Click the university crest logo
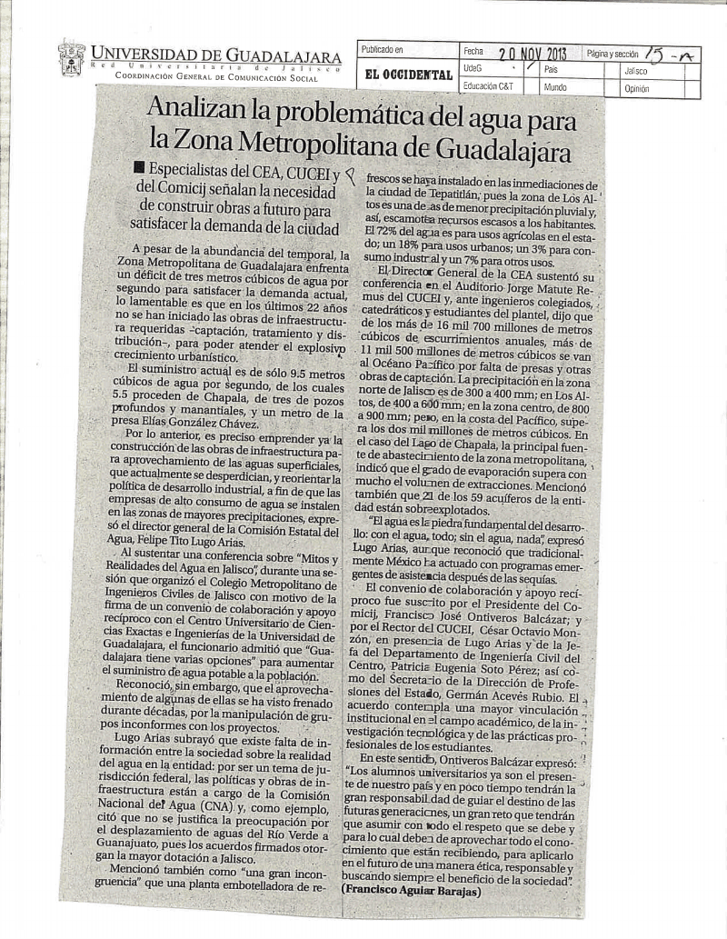(71, 58)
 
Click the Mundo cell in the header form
(555, 88)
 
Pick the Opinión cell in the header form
(637, 89)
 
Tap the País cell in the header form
(551, 69)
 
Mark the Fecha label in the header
(473, 52)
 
